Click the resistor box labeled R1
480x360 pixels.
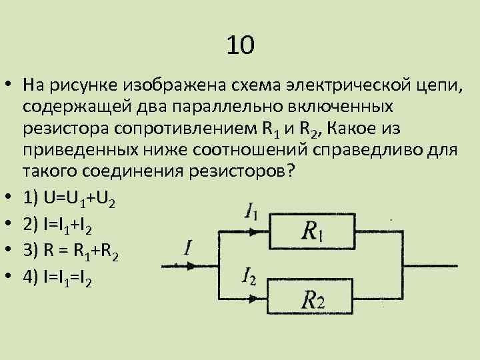coord(312,231)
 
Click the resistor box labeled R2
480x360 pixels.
coord(312,298)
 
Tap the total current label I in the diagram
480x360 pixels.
coord(188,248)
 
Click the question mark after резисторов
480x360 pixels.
coord(289,169)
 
